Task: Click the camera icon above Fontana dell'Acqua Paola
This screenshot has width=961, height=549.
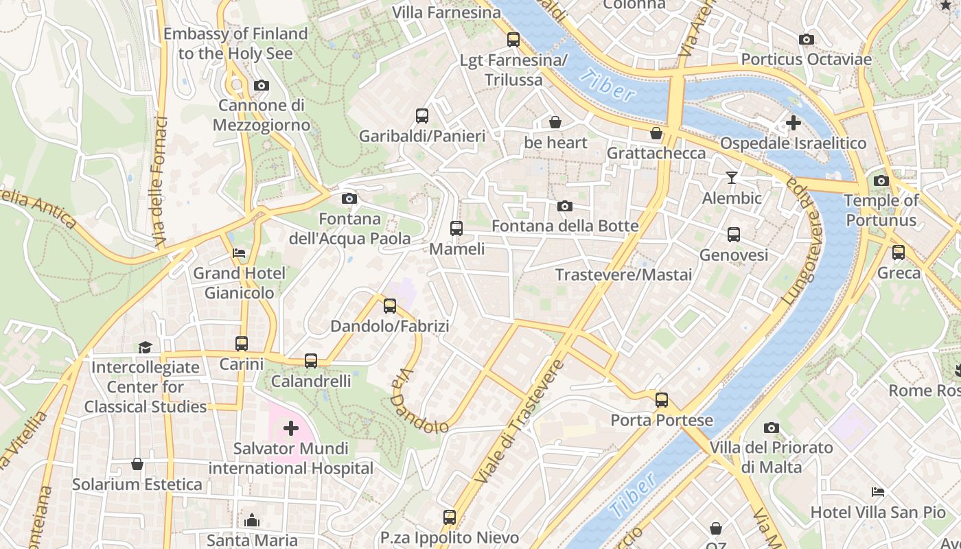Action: coord(349,199)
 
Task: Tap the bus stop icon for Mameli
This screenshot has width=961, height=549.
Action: coord(456,229)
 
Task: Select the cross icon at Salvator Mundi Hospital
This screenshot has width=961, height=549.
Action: coord(291,429)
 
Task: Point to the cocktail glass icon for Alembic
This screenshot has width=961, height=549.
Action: coord(732,178)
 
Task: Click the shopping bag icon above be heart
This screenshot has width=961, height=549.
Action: coord(555,123)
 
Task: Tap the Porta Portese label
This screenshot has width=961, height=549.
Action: coord(662,420)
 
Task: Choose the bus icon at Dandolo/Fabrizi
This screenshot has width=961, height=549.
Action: coord(390,306)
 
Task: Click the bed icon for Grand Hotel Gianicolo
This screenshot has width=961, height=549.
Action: coord(239,253)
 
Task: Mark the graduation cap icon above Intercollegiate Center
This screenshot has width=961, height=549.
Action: coord(145,347)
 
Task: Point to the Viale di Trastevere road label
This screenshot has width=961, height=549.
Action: coord(519,420)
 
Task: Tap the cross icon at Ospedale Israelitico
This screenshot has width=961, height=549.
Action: coord(794,124)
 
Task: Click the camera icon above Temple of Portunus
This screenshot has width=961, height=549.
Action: coord(881,181)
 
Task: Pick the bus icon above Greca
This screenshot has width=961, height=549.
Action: coord(899,253)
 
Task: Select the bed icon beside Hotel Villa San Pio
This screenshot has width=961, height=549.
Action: coord(878,492)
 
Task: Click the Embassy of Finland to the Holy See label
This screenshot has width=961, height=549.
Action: coord(235,43)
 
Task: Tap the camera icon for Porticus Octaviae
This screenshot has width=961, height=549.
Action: coord(807,40)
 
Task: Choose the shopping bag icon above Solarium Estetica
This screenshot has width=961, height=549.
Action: coord(137,465)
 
